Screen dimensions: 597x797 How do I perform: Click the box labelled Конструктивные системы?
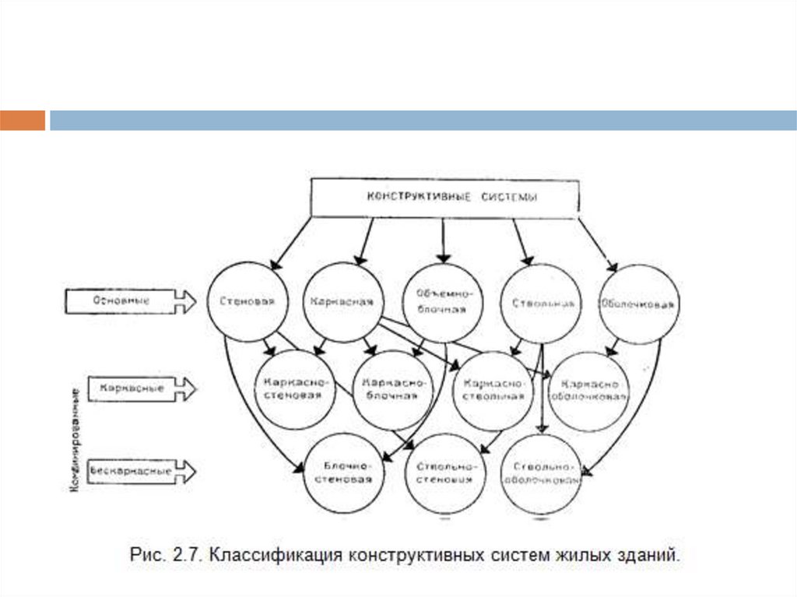[444, 198]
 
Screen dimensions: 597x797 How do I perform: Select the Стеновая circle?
[246, 302]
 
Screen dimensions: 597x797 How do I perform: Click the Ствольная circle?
[541, 304]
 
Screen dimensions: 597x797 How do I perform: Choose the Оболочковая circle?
[638, 304]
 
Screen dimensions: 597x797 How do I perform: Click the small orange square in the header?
[23, 121]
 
